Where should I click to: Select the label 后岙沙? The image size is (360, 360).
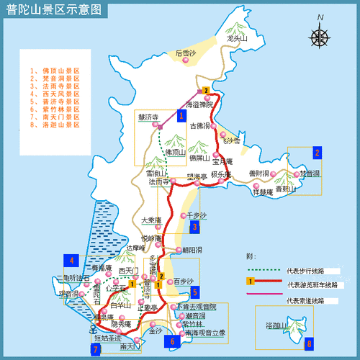186,53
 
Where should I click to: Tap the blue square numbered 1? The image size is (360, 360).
181,113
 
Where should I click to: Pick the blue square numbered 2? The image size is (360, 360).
316,152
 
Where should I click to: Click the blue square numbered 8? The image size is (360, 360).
309,344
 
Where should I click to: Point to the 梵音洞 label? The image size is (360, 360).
310,174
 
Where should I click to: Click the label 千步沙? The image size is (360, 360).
196,215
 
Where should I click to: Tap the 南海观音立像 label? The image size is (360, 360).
204,333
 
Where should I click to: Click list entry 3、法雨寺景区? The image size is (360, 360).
54,86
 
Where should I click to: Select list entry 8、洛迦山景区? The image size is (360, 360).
54,125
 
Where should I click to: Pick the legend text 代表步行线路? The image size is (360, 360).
305,271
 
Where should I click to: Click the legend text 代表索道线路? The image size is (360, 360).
305,301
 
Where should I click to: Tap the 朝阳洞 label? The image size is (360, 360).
192,249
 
